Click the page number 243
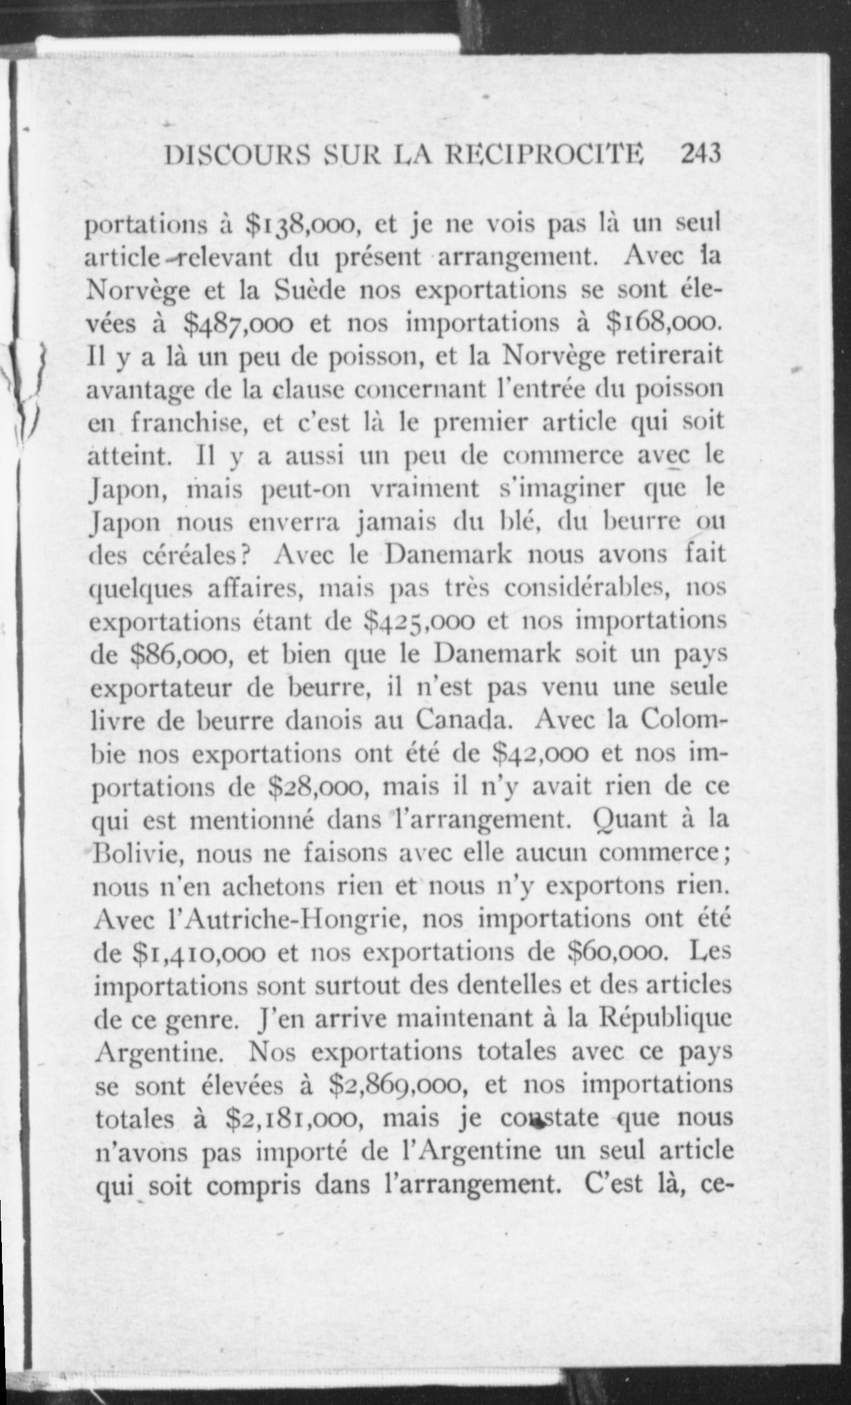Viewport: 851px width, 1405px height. click(701, 154)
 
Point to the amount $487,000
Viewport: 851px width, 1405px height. click(238, 324)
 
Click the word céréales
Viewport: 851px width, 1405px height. click(195, 555)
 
